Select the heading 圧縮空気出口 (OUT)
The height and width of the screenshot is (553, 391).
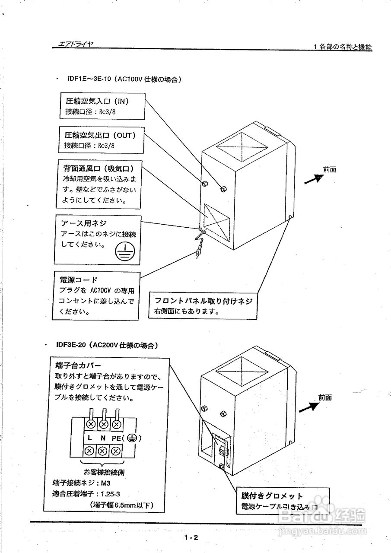pos(100,135)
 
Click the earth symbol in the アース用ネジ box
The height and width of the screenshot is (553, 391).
pos(125,251)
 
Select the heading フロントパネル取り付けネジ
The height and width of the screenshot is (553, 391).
pos(203,301)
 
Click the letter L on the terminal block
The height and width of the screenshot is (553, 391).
pos(89,438)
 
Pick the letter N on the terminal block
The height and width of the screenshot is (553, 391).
pos(103,438)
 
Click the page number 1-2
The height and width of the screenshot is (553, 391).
pos(191,537)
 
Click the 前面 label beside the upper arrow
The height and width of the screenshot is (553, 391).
pos(329,169)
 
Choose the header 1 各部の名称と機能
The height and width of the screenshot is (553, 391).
pos(342,47)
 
